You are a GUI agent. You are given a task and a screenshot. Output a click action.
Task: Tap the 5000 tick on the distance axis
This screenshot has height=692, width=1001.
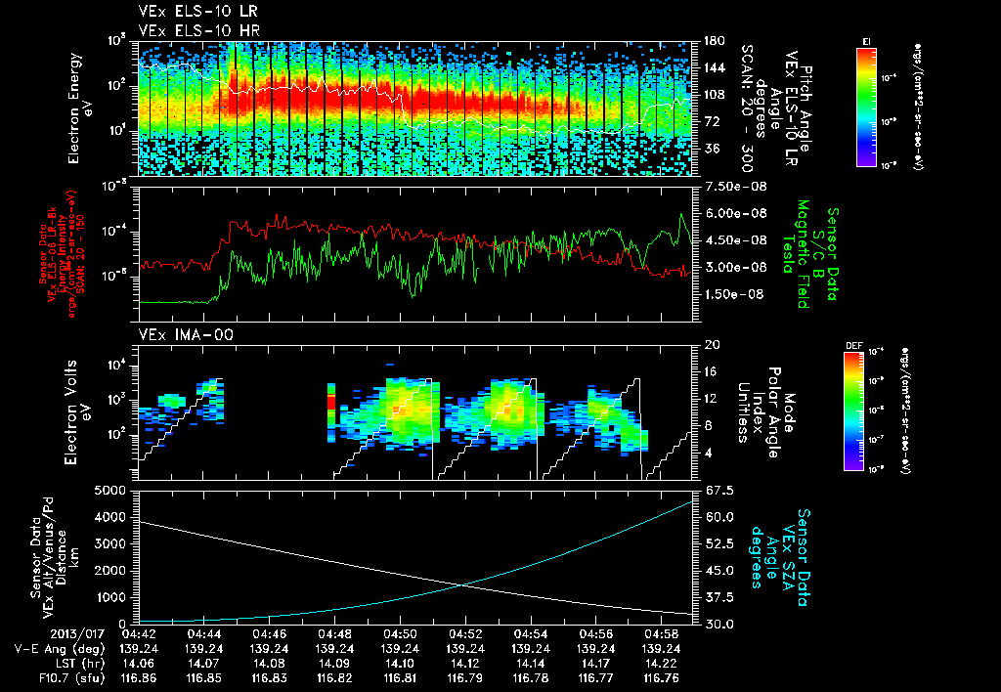pyautogui.click(x=115, y=490)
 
